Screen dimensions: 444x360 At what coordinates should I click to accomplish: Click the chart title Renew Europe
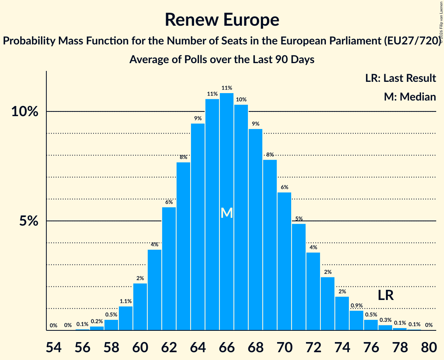click(222, 20)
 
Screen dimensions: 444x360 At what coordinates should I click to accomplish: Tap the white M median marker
click(226, 213)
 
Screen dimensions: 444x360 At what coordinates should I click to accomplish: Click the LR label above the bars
click(386, 295)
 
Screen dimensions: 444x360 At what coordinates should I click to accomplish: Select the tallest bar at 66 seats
click(226, 212)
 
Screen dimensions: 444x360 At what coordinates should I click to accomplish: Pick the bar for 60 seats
click(140, 307)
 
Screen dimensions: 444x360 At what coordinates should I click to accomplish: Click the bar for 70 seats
click(284, 261)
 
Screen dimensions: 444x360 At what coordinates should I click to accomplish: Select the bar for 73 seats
click(327, 304)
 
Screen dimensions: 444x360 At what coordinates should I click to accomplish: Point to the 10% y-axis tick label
click(25, 111)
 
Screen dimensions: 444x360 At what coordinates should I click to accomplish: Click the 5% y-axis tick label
click(28, 221)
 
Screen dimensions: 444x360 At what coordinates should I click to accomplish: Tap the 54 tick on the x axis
click(53, 347)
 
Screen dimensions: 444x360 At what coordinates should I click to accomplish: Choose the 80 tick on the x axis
click(429, 347)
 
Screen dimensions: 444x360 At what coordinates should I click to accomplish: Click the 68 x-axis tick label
click(255, 347)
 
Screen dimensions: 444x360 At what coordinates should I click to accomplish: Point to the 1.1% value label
click(126, 302)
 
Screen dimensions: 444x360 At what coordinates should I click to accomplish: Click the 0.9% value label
click(357, 306)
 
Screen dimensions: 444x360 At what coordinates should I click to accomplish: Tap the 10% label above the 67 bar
click(241, 100)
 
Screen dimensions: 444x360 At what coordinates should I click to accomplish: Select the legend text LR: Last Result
click(400, 78)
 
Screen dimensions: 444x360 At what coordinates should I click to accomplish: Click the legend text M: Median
click(410, 97)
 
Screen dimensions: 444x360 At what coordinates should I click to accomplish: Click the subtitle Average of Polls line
click(222, 60)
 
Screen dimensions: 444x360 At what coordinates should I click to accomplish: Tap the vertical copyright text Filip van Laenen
click(441, 22)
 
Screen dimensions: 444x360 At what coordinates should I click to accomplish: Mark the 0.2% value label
click(97, 321)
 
